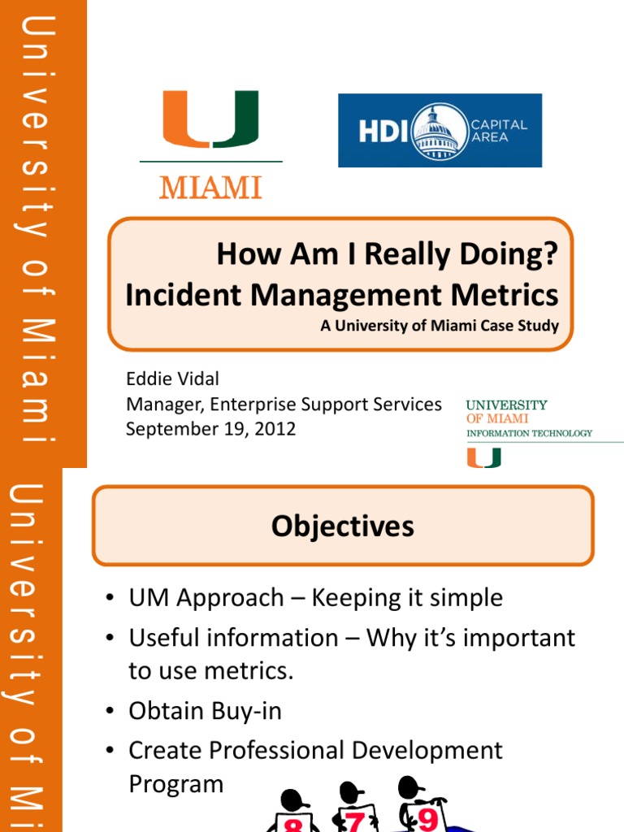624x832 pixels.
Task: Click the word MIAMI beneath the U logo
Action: pyautogui.click(x=210, y=188)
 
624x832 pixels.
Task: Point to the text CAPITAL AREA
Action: pyautogui.click(x=499, y=131)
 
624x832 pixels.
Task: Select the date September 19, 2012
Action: pyautogui.click(x=210, y=429)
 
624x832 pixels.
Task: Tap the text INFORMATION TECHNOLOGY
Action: pyautogui.click(x=529, y=434)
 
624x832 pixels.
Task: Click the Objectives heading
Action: pyautogui.click(x=342, y=526)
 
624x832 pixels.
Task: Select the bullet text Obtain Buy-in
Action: pyautogui.click(x=205, y=711)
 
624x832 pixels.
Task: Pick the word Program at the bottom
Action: pyautogui.click(x=175, y=784)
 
